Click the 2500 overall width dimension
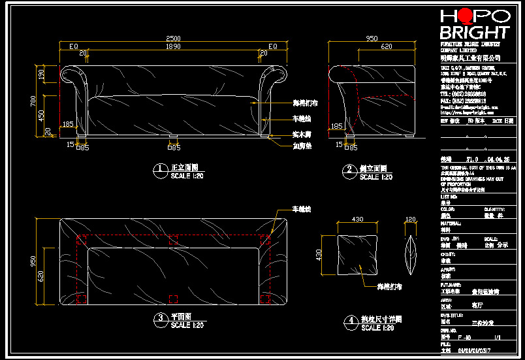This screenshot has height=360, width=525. pyautogui.click(x=172, y=39)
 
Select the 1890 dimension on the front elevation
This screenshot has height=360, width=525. pyautogui.click(x=172, y=47)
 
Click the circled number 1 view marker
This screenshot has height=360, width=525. pyautogui.click(x=159, y=171)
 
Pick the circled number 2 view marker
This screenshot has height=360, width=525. pyautogui.click(x=349, y=171)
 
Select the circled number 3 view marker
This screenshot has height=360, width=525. pyautogui.click(x=159, y=319)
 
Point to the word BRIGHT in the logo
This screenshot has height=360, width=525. pyautogui.click(x=473, y=32)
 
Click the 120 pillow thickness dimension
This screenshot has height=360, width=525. pyautogui.click(x=411, y=220)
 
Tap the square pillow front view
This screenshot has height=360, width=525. pyautogui.click(x=358, y=254)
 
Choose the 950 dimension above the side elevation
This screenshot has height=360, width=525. pyautogui.click(x=372, y=39)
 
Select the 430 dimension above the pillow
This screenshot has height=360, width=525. pyautogui.click(x=358, y=220)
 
